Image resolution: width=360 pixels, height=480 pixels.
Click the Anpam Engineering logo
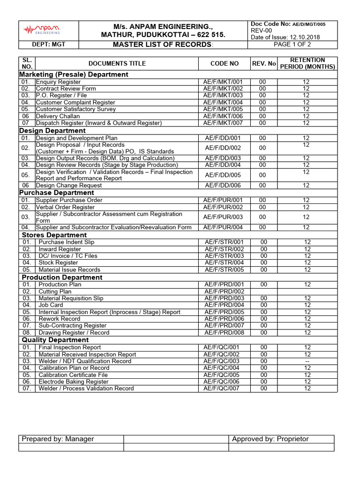42,30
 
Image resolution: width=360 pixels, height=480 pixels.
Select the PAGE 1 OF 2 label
292,45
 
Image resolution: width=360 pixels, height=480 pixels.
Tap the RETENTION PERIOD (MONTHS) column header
307,63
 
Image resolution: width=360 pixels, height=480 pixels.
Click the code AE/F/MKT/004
223,102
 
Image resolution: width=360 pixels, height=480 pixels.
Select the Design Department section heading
52,131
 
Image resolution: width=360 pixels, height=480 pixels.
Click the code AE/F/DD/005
223,175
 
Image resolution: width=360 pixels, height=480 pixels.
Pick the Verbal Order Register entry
65,207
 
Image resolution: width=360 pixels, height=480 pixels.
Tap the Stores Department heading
54,235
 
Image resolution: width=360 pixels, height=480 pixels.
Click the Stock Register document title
59,263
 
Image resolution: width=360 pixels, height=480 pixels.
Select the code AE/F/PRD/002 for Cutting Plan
225,292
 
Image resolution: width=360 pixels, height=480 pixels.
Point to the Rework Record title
60,319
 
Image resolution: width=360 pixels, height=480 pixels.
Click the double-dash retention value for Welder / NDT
307,361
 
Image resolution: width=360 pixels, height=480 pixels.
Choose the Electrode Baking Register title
73,382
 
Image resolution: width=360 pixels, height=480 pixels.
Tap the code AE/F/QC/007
222,389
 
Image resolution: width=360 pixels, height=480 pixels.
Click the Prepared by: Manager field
58,439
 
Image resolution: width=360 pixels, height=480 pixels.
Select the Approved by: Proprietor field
270,439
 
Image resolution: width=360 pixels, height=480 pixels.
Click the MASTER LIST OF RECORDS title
163,45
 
